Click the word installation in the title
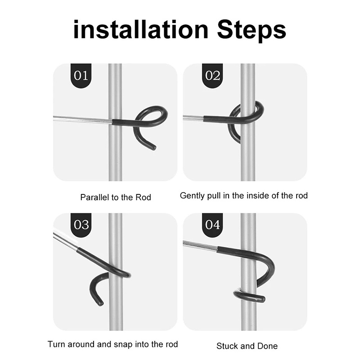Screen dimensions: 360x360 click(141, 30)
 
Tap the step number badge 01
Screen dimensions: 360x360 click(81, 76)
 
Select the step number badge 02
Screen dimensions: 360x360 click(212, 76)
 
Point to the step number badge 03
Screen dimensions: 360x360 click(81, 225)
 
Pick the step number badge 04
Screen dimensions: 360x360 click(212, 225)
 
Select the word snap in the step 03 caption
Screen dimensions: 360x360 click(126, 345)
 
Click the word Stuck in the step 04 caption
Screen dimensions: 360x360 click(228, 346)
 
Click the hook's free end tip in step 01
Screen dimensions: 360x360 click(154, 148)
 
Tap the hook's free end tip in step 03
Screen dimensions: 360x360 click(100, 303)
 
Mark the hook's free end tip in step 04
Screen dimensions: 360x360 click(262, 299)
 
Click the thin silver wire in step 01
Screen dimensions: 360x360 click(83, 119)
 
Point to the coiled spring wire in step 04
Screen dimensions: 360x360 click(200, 246)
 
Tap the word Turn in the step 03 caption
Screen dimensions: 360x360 click(56, 344)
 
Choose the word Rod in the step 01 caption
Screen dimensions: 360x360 click(143, 198)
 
